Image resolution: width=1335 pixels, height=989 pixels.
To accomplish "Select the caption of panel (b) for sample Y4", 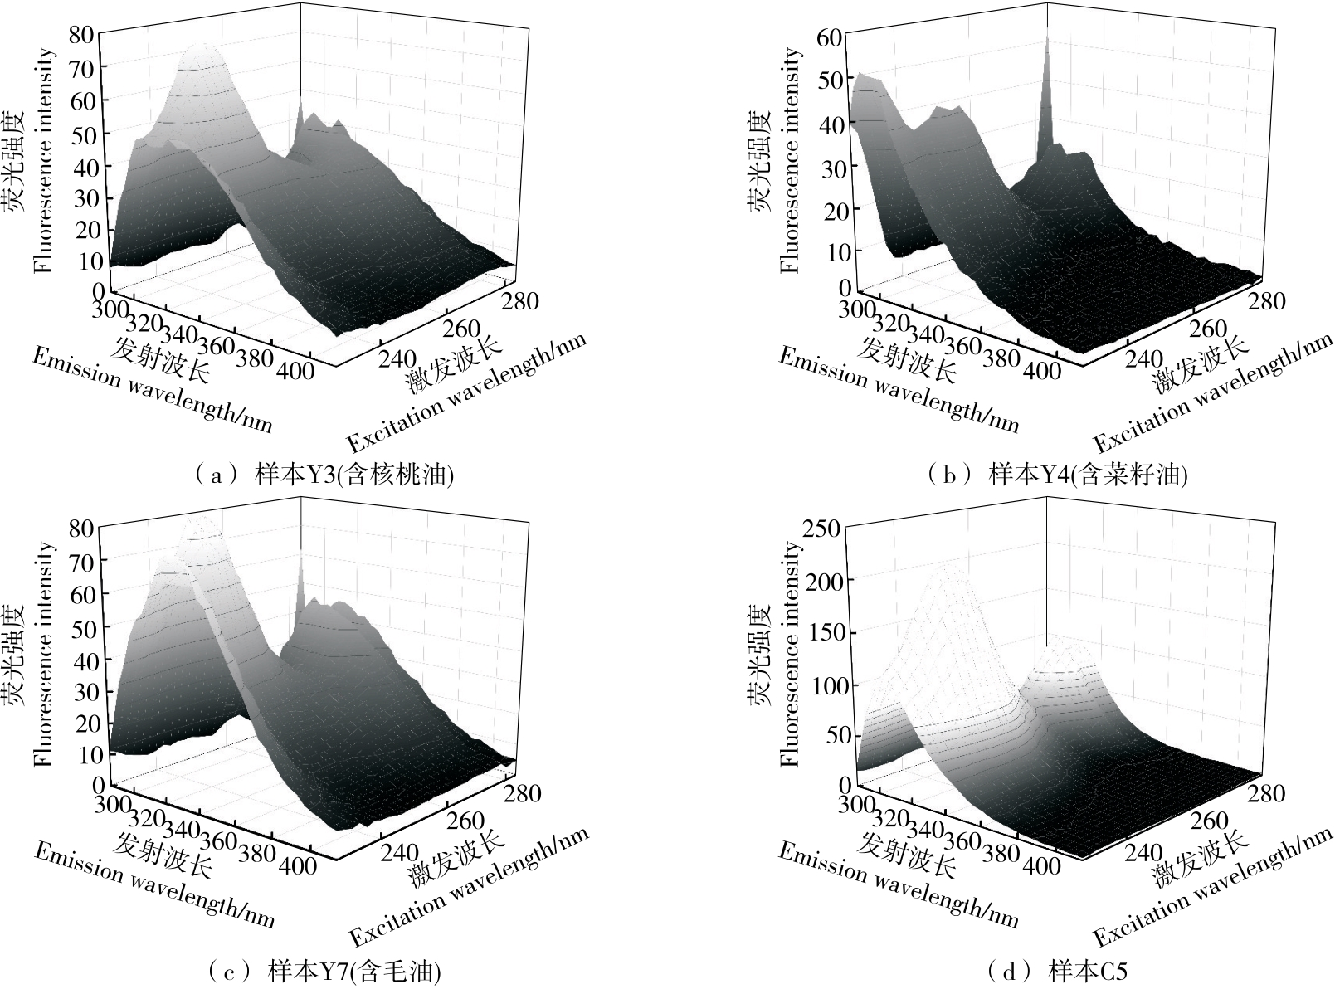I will [1059, 475].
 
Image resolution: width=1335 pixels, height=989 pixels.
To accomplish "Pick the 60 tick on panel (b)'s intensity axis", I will [830, 37].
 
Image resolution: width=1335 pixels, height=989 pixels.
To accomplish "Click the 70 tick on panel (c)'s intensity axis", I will [83, 560].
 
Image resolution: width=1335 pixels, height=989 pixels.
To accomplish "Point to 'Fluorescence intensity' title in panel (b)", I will [790, 160].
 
